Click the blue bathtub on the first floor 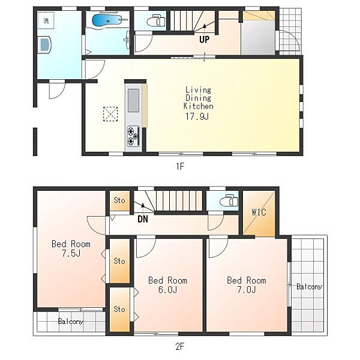[107, 20]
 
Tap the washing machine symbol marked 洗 [46, 20]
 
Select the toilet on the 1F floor [156, 20]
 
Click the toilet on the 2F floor [229, 200]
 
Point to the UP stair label [205, 40]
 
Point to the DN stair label [143, 219]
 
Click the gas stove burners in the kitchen [133, 136]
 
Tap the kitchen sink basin [133, 101]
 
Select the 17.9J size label [197, 116]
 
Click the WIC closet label [259, 212]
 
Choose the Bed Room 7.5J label [71, 248]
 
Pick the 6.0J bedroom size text [167, 290]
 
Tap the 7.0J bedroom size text [247, 290]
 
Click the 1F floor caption [180, 166]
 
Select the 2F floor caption [180, 346]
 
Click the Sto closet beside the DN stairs [119, 200]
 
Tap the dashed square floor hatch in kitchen [110, 114]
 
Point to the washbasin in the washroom [45, 44]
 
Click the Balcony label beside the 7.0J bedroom [309, 287]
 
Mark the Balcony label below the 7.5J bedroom [70, 321]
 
